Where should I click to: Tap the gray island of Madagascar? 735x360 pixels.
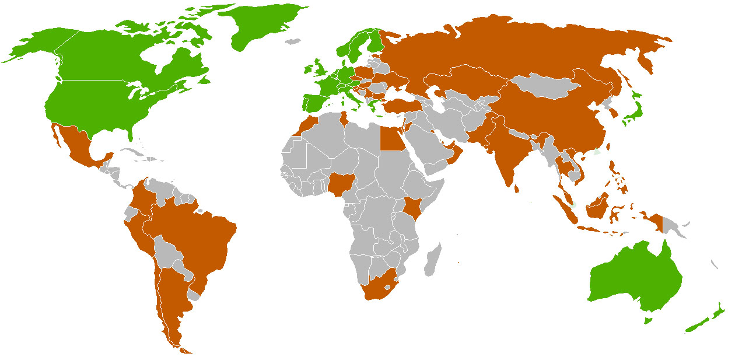tap(432, 261)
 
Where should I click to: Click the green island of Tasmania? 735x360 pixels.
tap(647, 320)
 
